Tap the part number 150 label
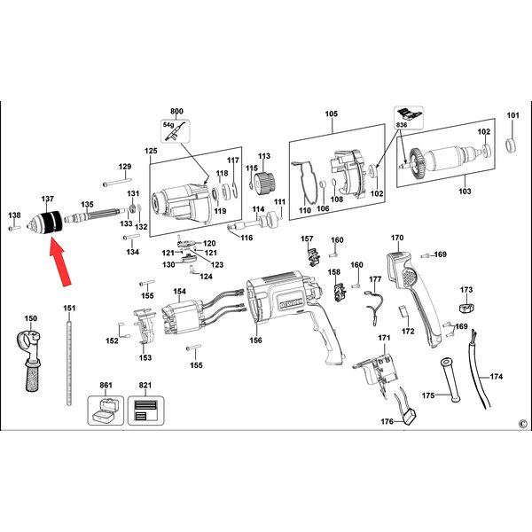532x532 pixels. (31, 318)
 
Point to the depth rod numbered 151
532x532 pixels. (69, 359)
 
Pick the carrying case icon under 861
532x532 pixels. (106, 411)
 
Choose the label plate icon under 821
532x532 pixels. (145, 411)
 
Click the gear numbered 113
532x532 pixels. (264, 184)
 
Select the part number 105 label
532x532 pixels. (331, 113)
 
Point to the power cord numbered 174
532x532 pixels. (479, 370)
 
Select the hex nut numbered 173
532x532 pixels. (466, 308)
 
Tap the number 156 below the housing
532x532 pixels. (255, 340)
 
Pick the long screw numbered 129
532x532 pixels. (117, 182)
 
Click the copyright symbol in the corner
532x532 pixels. (523, 424)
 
